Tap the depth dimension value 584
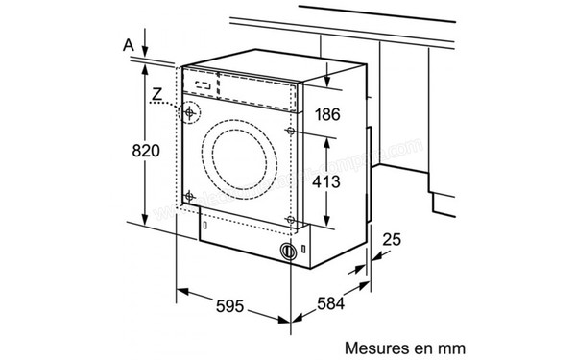coord(329,306)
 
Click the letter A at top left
coord(128,43)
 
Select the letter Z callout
coord(156,94)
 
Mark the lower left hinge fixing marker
coord(191,198)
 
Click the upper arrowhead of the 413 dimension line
coord(328,137)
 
